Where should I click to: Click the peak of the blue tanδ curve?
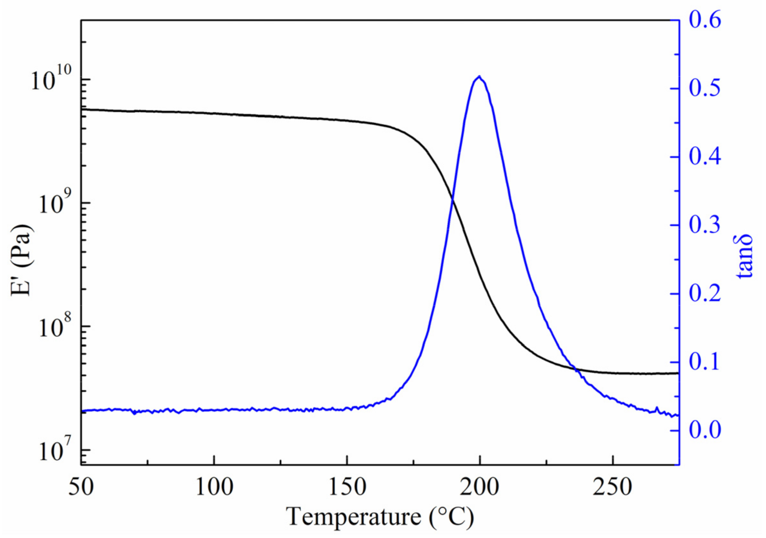point(478,77)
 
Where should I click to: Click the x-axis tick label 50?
point(81,487)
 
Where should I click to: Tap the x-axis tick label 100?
point(214,487)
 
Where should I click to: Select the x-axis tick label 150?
point(347,487)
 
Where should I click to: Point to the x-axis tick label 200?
point(480,487)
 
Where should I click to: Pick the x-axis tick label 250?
point(612,487)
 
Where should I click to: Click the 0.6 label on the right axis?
point(705,20)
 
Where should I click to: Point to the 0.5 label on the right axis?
point(705,88)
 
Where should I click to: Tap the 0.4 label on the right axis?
point(705,156)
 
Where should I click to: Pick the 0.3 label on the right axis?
point(705,225)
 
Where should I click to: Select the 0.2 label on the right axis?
point(705,293)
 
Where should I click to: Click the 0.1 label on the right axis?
point(705,362)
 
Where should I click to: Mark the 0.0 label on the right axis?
point(705,430)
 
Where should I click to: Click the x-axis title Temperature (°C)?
point(380,517)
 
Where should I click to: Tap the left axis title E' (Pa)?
point(21,260)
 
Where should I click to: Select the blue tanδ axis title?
point(745,256)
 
